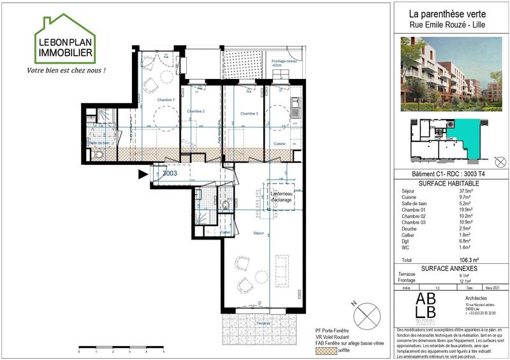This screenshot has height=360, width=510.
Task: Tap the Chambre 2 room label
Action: (x=195, y=112)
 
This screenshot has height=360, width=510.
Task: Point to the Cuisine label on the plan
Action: (x=279, y=144)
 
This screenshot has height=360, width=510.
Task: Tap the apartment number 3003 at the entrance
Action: (x=169, y=173)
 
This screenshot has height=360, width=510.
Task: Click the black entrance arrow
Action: (x=143, y=173)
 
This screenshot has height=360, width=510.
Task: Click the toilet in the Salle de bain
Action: (x=97, y=154)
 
